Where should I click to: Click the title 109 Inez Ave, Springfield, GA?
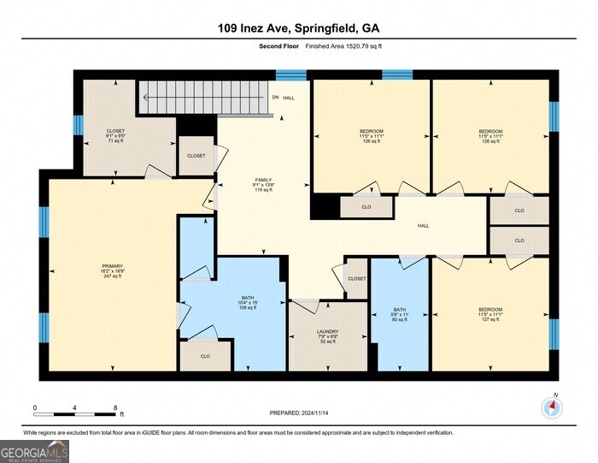click(x=298, y=29)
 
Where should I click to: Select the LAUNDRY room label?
click(x=328, y=332)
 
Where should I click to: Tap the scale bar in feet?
click(x=75, y=408)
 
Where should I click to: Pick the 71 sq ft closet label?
click(x=115, y=142)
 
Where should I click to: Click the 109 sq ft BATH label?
click(x=247, y=306)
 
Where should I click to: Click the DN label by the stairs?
click(x=275, y=98)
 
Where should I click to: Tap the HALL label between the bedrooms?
click(x=423, y=226)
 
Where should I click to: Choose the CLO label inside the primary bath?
click(x=205, y=356)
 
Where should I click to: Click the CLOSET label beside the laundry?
click(x=357, y=278)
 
